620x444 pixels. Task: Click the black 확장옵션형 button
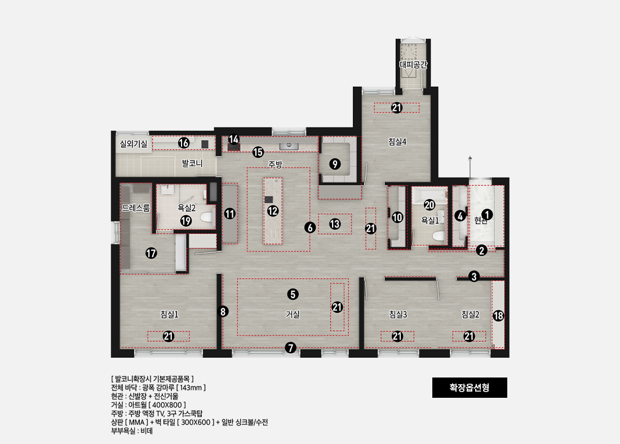point(470,388)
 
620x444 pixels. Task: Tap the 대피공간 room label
point(413,65)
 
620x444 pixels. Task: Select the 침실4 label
point(397,141)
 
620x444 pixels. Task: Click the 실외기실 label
point(133,144)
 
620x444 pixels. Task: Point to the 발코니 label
point(192,163)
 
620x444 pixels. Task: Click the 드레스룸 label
point(136,208)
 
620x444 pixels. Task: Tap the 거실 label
point(293,314)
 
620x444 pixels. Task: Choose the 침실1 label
point(169,314)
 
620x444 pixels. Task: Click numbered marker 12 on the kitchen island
point(272,211)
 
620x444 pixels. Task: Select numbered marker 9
point(335,164)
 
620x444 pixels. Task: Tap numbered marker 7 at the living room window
point(291,348)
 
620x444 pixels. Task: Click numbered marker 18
point(498,316)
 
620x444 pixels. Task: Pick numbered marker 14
point(234,139)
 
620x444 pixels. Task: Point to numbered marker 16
point(184,143)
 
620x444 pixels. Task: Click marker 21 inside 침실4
point(397,108)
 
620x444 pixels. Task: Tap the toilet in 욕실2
point(206,217)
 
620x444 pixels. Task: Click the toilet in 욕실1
point(438,236)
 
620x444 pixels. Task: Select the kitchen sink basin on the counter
point(289,145)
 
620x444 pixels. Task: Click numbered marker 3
point(474,276)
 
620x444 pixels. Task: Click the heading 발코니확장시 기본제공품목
point(152,379)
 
